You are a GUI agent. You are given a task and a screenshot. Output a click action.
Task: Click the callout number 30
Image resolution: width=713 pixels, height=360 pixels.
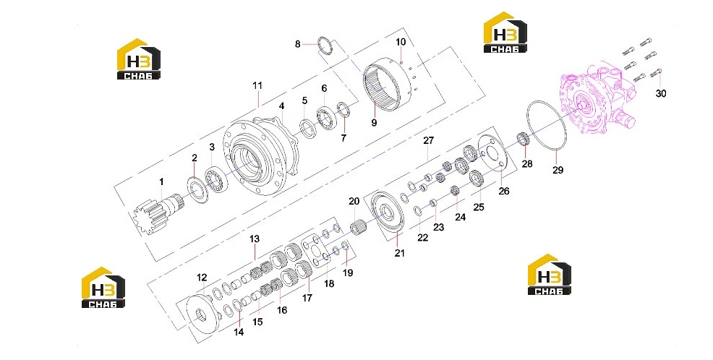661,94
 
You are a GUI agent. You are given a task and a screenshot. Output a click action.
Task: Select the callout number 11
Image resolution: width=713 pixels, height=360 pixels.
257,85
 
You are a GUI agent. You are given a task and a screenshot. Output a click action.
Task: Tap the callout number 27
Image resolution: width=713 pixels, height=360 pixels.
429,140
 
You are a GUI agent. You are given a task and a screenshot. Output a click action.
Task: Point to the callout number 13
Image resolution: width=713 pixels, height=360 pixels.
255,239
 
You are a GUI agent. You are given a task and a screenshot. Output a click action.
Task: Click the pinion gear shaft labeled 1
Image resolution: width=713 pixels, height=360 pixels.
158,213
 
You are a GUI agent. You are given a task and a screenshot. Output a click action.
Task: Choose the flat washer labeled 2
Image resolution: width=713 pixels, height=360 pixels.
198,189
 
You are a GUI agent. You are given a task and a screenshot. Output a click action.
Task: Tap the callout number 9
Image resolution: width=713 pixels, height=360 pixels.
374,123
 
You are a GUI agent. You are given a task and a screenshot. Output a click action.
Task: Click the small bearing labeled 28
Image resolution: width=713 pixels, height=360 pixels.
524,138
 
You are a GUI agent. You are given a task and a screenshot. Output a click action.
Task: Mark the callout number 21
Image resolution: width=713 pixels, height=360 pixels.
399,253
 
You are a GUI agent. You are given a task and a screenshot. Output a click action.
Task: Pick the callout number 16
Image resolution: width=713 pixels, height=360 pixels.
282,310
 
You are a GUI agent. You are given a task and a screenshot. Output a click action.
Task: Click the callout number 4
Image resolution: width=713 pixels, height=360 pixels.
281,106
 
